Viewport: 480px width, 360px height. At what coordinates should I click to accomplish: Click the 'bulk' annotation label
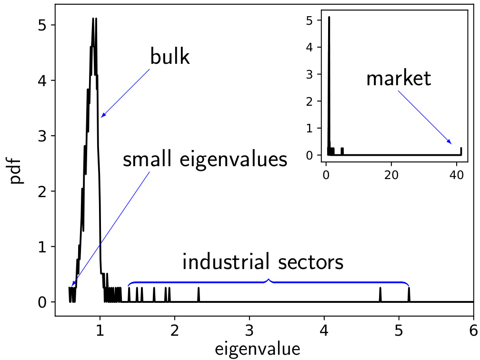(170, 57)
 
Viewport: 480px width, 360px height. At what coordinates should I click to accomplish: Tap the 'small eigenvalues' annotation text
(205, 160)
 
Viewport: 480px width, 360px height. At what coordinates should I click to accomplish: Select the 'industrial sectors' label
(263, 262)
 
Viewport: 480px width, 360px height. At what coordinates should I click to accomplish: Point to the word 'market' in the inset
(399, 79)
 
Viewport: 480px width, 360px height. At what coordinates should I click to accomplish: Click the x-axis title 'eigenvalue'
(258, 349)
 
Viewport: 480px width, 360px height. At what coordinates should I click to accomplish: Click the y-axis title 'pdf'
(18, 173)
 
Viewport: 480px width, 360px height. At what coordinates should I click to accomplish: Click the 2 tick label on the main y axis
(42, 191)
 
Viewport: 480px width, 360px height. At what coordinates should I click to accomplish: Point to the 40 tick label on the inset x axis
(456, 175)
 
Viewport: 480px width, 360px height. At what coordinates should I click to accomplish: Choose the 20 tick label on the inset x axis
(391, 175)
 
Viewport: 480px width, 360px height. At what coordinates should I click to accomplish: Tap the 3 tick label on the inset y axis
(310, 74)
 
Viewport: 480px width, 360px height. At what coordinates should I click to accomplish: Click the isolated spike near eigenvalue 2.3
(199, 295)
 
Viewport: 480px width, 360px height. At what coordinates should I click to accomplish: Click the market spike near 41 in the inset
(461, 151)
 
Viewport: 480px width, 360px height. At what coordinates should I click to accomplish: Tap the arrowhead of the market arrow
(450, 142)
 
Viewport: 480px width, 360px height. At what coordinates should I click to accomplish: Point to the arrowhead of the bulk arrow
(102, 116)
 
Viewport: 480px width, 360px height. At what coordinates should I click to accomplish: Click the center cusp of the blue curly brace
(269, 279)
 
